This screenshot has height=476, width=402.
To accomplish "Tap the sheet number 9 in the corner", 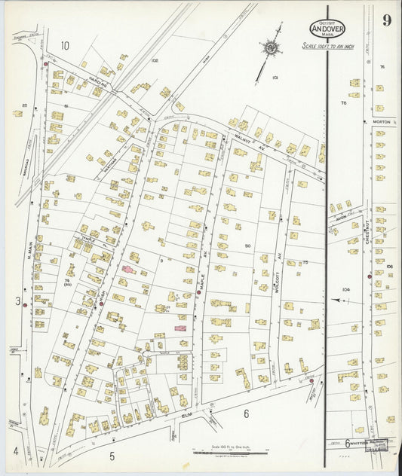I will pos(385,20).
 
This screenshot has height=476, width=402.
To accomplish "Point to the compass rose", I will pos(269,48).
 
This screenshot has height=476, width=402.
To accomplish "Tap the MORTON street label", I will pos(379,121).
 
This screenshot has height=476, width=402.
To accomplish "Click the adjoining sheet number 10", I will pos(65,45).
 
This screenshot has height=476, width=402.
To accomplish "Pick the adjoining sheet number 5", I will pos(112,455).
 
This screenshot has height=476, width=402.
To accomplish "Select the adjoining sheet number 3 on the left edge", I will pos(17,301).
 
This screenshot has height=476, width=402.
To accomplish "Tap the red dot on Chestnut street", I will pos(370,276).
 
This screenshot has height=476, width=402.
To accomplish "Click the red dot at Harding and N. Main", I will pos(47,65).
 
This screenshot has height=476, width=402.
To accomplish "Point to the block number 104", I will pos(345,289).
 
